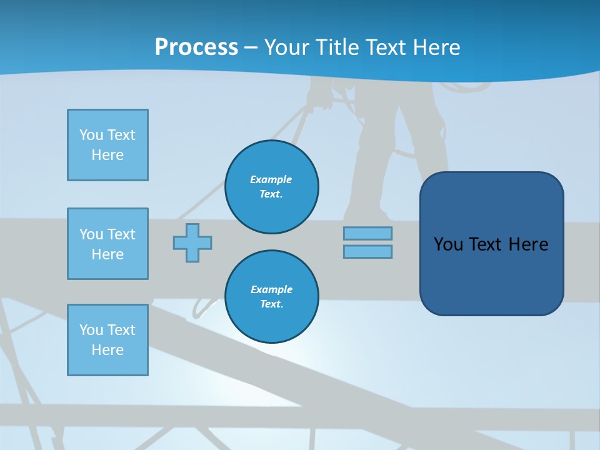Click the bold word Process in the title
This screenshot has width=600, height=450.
[196, 47]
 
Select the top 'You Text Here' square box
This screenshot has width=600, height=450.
[107, 145]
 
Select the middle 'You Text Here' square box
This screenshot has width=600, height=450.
[107, 244]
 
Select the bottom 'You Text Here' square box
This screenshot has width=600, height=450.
[107, 340]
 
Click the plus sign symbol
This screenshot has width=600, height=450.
[192, 242]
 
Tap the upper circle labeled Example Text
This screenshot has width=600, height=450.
[271, 187]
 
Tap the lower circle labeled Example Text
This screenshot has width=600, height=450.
[271, 297]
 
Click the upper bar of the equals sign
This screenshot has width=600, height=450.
[367, 233]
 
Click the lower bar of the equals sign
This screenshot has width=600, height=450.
[367, 252]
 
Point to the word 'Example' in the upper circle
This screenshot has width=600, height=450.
[271, 179]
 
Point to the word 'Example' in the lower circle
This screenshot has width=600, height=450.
[271, 289]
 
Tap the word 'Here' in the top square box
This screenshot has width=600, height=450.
[107, 155]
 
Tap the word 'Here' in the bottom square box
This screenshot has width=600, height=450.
[107, 350]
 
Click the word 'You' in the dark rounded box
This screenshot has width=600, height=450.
[448, 244]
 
